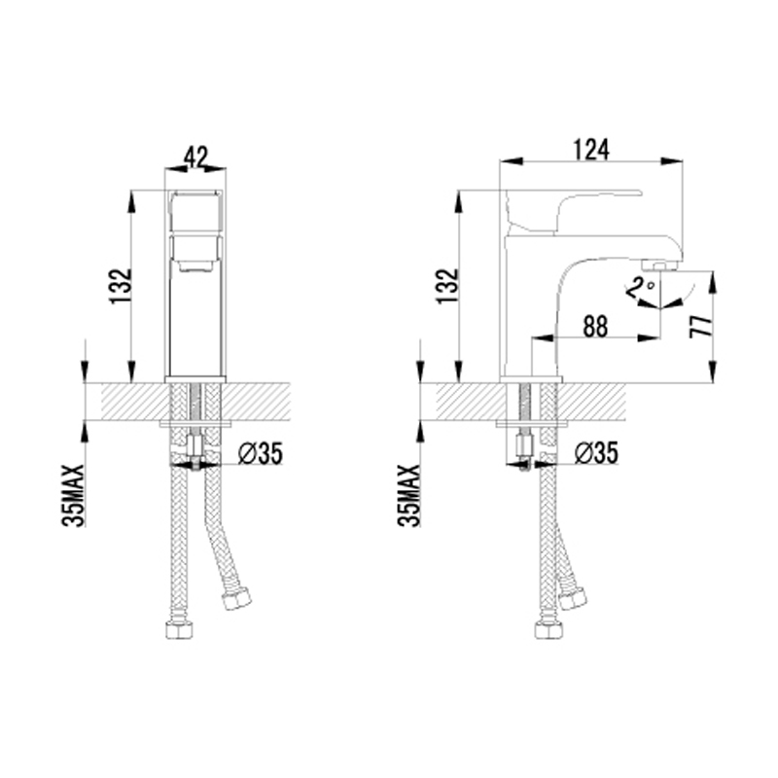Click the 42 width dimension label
(x=195, y=158)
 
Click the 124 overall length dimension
(x=591, y=150)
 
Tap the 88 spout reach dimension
(x=595, y=327)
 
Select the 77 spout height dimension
(x=700, y=326)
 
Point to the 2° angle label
(x=640, y=288)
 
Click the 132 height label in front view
(x=121, y=286)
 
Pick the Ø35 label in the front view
(x=260, y=453)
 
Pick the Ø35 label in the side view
(x=596, y=453)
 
